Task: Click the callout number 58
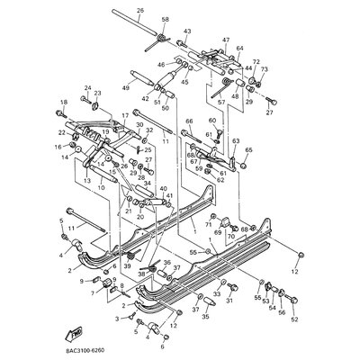pos(165,19)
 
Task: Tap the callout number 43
pos(187,31)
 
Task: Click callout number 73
pos(265,68)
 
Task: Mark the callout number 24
pos(87,87)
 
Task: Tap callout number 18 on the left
pos(64,103)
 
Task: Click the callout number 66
pos(190,121)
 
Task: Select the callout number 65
pos(249,149)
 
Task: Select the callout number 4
pos(63,255)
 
